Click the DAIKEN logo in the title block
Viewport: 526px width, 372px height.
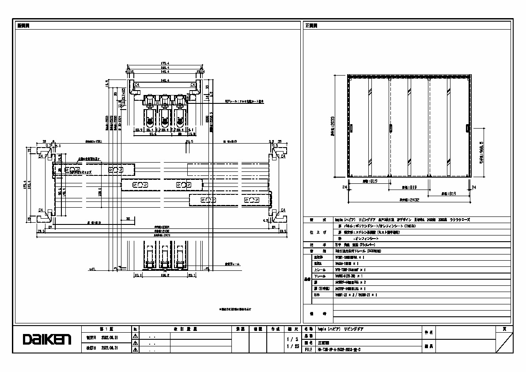(47, 339)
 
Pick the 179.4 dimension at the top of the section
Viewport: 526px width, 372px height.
(165, 64)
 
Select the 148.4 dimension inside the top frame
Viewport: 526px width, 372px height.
(165, 80)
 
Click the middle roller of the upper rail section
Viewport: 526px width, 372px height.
(164, 104)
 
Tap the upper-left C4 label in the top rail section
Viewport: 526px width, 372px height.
(137, 84)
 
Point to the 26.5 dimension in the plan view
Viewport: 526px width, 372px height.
(189, 142)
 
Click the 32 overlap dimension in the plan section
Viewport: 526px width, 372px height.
(128, 218)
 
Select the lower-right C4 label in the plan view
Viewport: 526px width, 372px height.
(283, 210)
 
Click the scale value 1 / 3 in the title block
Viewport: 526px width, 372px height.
(290, 339)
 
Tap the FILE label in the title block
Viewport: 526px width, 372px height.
(308, 349)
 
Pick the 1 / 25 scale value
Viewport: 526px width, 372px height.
(290, 346)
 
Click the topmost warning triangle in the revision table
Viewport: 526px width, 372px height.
(136, 336)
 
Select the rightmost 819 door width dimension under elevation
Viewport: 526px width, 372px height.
(447, 194)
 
